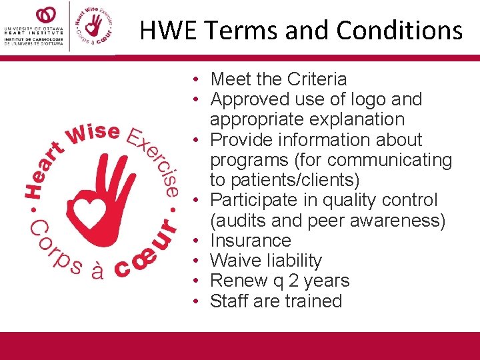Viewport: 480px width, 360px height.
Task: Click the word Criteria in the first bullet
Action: pos(317,79)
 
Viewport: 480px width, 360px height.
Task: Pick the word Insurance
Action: pos(251,241)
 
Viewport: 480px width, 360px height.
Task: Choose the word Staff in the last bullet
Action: pos(227,301)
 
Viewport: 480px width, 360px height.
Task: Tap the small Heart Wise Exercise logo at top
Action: pos(93,27)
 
